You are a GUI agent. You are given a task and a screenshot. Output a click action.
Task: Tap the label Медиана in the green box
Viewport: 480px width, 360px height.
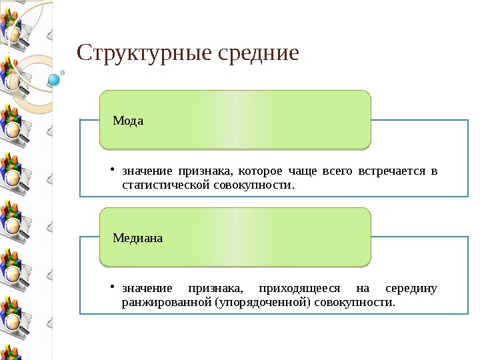tap(138, 237)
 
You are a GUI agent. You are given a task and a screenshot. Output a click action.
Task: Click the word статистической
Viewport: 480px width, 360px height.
tap(166, 184)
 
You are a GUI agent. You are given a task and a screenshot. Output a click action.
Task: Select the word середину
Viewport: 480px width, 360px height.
tap(411, 289)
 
